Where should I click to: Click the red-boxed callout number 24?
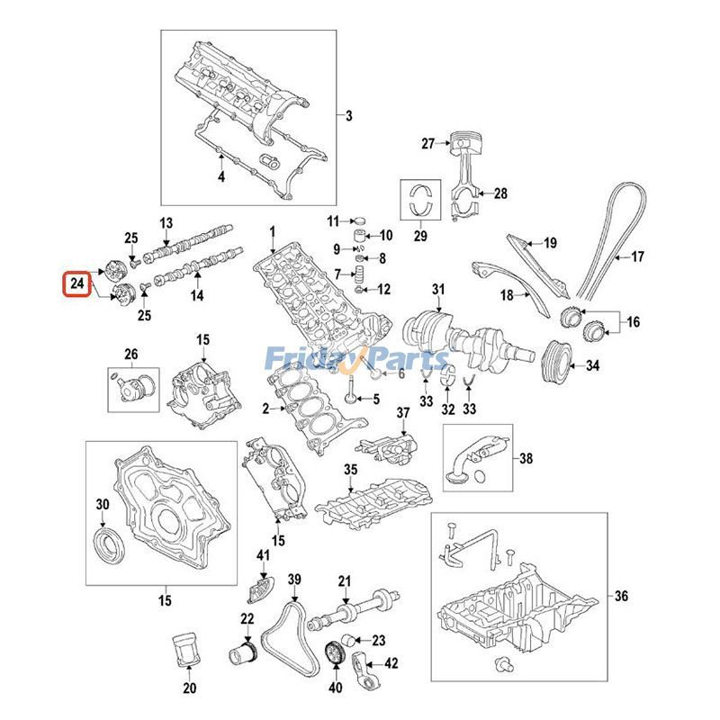tap(75, 283)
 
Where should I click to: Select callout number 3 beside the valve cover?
tap(349, 115)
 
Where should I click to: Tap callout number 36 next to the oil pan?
tap(621, 596)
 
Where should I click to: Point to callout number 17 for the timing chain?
tap(637, 257)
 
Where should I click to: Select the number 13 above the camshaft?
tap(166, 223)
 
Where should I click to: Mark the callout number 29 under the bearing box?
tap(417, 236)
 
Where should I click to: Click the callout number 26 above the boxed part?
tap(131, 354)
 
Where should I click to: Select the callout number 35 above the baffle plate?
tap(350, 470)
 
